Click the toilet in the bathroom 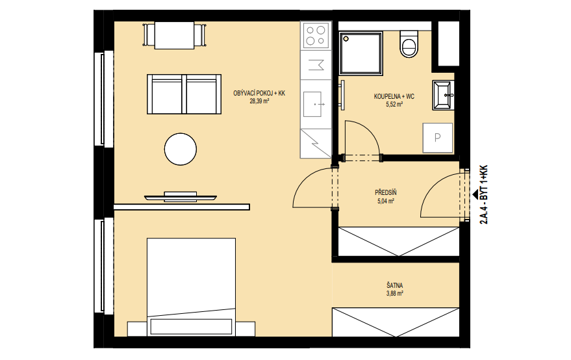[x=409, y=44]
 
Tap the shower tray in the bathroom [x=361, y=53]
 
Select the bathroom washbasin [x=443, y=95]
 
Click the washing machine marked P [x=437, y=138]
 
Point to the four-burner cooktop [x=315, y=35]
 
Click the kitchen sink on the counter [x=312, y=104]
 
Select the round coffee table [x=180, y=149]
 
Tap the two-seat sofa [x=184, y=94]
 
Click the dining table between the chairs [x=175, y=35]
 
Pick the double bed [x=191, y=287]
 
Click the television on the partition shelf [x=180, y=197]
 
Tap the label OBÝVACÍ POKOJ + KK [x=259, y=94]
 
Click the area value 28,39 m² [x=259, y=101]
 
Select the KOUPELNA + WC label [x=394, y=97]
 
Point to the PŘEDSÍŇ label [x=386, y=193]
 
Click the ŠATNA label [x=395, y=286]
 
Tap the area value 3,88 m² [x=395, y=293]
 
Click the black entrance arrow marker [x=476, y=194]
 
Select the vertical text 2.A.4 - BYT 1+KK [x=484, y=194]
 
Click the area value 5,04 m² [x=386, y=201]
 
